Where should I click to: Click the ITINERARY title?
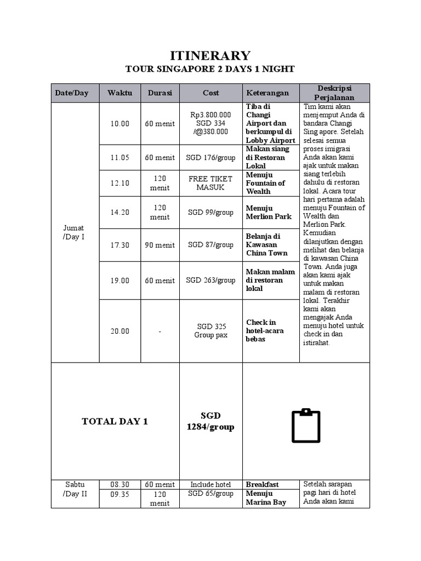(x=210, y=55)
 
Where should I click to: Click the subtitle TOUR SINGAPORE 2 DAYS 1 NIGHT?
(x=210, y=69)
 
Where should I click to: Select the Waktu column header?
(x=120, y=93)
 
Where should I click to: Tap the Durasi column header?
(x=160, y=93)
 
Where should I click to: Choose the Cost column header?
(x=210, y=93)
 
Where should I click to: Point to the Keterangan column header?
(x=271, y=93)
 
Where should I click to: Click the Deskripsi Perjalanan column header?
(x=334, y=93)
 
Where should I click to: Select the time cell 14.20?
(x=120, y=213)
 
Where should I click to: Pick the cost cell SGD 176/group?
(x=210, y=158)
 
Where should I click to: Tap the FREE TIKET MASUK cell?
(x=210, y=183)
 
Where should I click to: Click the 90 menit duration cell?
(x=160, y=245)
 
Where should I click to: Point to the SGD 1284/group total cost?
(x=210, y=421)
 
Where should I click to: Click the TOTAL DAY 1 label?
(x=115, y=421)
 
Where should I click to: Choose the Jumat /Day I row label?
(x=74, y=232)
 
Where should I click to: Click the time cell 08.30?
(x=120, y=484)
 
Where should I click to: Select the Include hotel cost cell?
(x=210, y=484)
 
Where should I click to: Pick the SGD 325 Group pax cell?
(x=210, y=330)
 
